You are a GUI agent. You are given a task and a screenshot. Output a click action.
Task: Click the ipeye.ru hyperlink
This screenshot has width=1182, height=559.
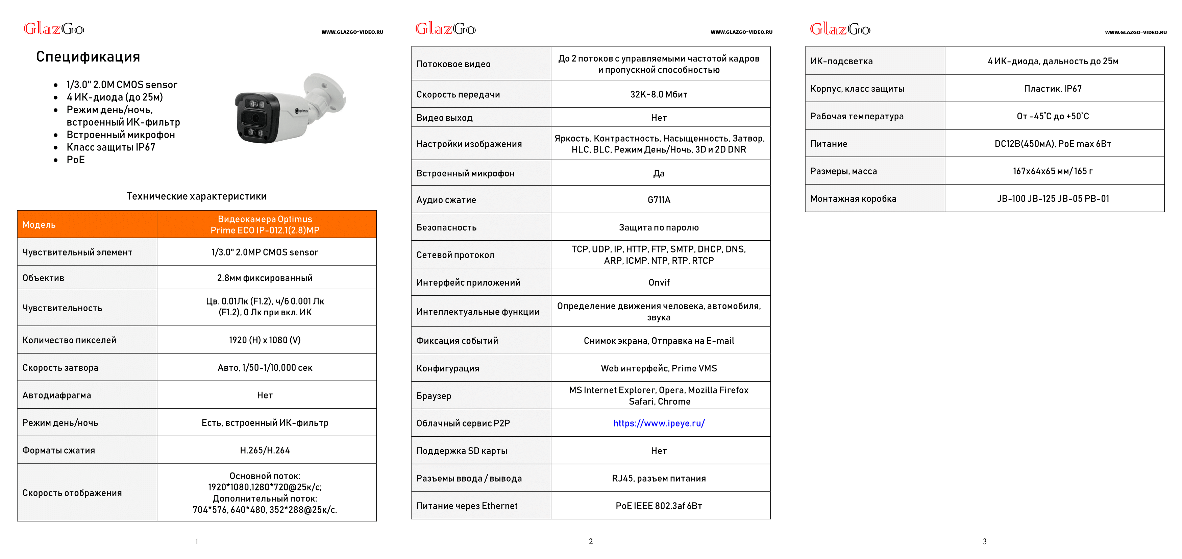click(659, 423)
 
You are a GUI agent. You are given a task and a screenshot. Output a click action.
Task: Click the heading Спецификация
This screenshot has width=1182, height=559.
click(88, 57)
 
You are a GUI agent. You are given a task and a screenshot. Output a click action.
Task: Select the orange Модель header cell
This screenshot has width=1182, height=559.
click(87, 224)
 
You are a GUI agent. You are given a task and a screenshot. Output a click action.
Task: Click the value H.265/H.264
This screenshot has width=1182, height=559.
click(265, 450)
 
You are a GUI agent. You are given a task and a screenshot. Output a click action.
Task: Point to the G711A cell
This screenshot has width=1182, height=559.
click(659, 200)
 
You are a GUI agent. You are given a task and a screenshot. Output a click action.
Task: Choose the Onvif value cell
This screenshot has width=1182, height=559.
click(659, 282)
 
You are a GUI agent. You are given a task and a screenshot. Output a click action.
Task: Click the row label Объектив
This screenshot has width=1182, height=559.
click(44, 278)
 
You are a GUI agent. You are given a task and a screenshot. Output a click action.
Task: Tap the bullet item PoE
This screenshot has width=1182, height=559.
click(76, 160)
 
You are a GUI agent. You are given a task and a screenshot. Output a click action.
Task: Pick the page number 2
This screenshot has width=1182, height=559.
click(591, 541)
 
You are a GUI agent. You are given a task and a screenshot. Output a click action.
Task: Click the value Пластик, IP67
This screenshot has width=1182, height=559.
click(1053, 89)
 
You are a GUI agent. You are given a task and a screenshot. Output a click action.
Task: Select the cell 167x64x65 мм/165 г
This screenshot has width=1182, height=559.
click(1053, 171)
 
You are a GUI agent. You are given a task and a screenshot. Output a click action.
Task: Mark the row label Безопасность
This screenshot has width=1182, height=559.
click(446, 227)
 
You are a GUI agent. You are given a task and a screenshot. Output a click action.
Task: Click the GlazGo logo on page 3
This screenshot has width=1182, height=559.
click(840, 29)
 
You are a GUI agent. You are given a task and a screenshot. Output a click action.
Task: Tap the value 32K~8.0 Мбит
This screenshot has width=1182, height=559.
click(659, 94)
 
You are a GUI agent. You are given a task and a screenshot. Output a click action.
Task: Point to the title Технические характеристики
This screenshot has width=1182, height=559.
click(196, 196)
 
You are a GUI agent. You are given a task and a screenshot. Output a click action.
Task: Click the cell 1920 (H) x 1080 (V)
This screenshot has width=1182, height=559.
click(265, 340)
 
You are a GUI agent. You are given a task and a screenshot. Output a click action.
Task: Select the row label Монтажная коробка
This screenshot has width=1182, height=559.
click(853, 199)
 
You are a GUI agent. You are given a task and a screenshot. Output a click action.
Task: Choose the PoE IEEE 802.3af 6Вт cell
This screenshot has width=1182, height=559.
click(659, 506)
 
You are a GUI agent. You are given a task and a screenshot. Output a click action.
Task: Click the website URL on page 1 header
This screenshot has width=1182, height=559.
click(352, 32)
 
